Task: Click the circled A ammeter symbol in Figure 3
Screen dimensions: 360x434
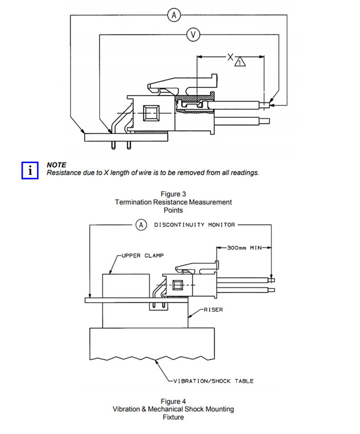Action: click(x=174, y=15)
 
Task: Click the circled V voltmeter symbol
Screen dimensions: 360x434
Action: click(x=193, y=35)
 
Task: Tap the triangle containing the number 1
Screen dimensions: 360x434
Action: click(x=240, y=62)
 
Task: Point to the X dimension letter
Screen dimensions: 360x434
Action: click(x=230, y=57)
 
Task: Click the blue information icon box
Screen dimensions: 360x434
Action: click(x=30, y=170)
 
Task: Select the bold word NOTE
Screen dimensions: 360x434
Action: click(x=57, y=165)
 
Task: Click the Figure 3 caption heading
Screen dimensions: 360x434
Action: click(x=173, y=194)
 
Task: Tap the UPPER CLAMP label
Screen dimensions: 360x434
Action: click(x=143, y=255)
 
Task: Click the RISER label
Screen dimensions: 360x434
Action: click(x=213, y=310)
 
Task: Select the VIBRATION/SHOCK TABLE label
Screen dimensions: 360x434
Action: click(x=213, y=381)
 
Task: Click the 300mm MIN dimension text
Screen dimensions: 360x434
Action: click(x=244, y=248)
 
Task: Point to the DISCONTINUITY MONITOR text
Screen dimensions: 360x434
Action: click(x=195, y=225)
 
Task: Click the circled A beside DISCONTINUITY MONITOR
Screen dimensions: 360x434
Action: click(x=141, y=225)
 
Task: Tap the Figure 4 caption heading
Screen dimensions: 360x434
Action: click(x=173, y=401)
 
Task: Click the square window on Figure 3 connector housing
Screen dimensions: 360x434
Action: click(x=151, y=113)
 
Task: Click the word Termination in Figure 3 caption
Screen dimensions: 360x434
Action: click(x=134, y=202)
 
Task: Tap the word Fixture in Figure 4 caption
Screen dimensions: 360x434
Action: click(x=173, y=417)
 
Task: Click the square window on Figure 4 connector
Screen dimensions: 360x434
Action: click(x=177, y=285)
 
